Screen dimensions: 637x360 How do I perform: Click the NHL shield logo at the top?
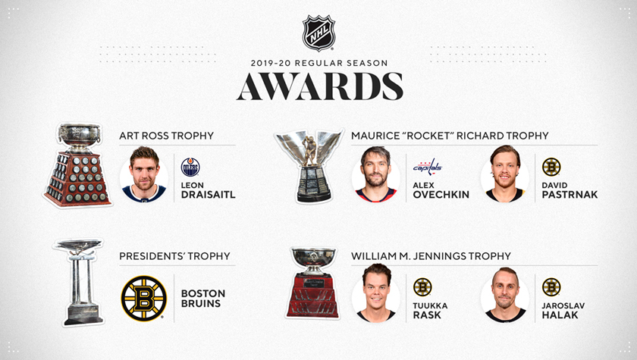pyautogui.click(x=319, y=33)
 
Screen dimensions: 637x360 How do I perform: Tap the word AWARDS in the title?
pyautogui.click(x=320, y=86)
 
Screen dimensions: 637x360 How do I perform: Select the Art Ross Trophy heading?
pyautogui.click(x=167, y=136)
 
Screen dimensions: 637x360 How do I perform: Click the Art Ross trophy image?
pyautogui.click(x=77, y=164)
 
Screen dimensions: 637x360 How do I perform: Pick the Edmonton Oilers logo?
pyautogui.click(x=190, y=167)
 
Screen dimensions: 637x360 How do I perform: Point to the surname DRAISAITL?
pyautogui.click(x=209, y=195)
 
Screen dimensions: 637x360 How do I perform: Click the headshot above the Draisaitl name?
pyautogui.click(x=144, y=174)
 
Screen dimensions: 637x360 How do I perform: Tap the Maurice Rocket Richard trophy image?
pyautogui.click(x=309, y=166)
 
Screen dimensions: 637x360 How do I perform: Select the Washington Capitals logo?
pyautogui.click(x=428, y=167)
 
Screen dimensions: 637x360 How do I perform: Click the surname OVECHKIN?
pyautogui.click(x=441, y=195)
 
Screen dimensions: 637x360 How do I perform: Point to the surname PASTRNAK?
pyautogui.click(x=570, y=195)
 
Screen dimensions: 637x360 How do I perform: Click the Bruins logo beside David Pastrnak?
pyautogui.click(x=551, y=167)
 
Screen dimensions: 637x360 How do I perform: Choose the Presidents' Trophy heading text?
pyautogui.click(x=174, y=256)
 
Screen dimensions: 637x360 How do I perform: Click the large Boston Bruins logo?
pyautogui.click(x=144, y=299)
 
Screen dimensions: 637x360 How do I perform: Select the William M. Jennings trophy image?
pyautogui.click(x=312, y=283)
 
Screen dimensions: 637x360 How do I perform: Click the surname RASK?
pyautogui.click(x=427, y=315)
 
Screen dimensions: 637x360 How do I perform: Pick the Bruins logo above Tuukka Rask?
pyautogui.click(x=422, y=287)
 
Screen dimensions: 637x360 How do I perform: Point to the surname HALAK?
pyautogui.click(x=560, y=315)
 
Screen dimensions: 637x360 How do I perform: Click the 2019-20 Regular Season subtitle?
pyautogui.click(x=319, y=63)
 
